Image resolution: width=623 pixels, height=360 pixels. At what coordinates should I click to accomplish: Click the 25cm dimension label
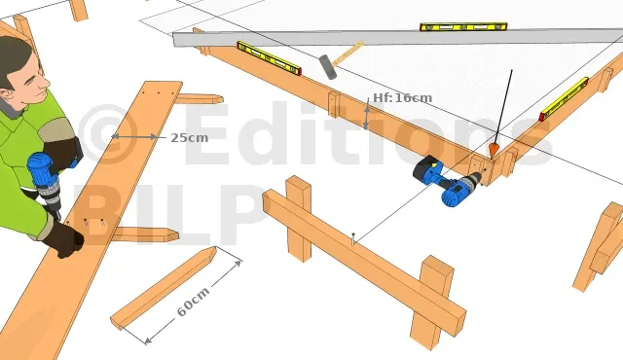(x=189, y=138)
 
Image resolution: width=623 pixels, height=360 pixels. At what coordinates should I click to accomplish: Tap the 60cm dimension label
(x=193, y=302)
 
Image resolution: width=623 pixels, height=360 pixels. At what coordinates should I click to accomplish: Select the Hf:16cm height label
(x=402, y=97)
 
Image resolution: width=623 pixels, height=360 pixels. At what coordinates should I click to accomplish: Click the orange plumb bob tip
(x=494, y=151)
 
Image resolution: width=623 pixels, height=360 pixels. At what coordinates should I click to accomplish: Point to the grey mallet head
(x=328, y=67)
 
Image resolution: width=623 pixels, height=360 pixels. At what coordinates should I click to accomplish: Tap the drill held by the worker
(x=45, y=182)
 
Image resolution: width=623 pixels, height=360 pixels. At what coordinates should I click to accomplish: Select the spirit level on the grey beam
(x=463, y=27)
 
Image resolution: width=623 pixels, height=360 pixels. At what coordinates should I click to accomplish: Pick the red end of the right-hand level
(x=542, y=117)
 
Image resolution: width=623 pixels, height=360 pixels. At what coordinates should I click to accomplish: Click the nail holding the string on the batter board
(x=352, y=238)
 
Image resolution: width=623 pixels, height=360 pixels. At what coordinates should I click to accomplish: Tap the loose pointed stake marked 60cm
(x=164, y=288)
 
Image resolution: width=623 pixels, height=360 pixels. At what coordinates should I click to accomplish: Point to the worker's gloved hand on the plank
(x=63, y=239)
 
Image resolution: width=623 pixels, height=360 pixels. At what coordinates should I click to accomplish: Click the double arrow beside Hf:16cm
(x=366, y=114)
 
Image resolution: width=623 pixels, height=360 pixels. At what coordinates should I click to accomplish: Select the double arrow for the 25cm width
(x=134, y=137)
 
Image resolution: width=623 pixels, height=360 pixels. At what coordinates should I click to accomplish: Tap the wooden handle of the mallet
(x=348, y=53)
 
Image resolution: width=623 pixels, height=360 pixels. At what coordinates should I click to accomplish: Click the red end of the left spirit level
(x=298, y=71)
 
